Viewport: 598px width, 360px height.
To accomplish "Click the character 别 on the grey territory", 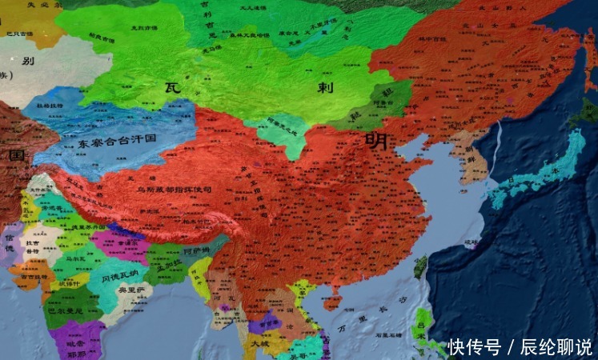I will tap(28, 62).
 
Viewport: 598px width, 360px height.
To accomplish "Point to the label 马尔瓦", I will tap(75, 259).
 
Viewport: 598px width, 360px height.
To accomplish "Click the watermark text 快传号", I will tap(474, 347).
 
